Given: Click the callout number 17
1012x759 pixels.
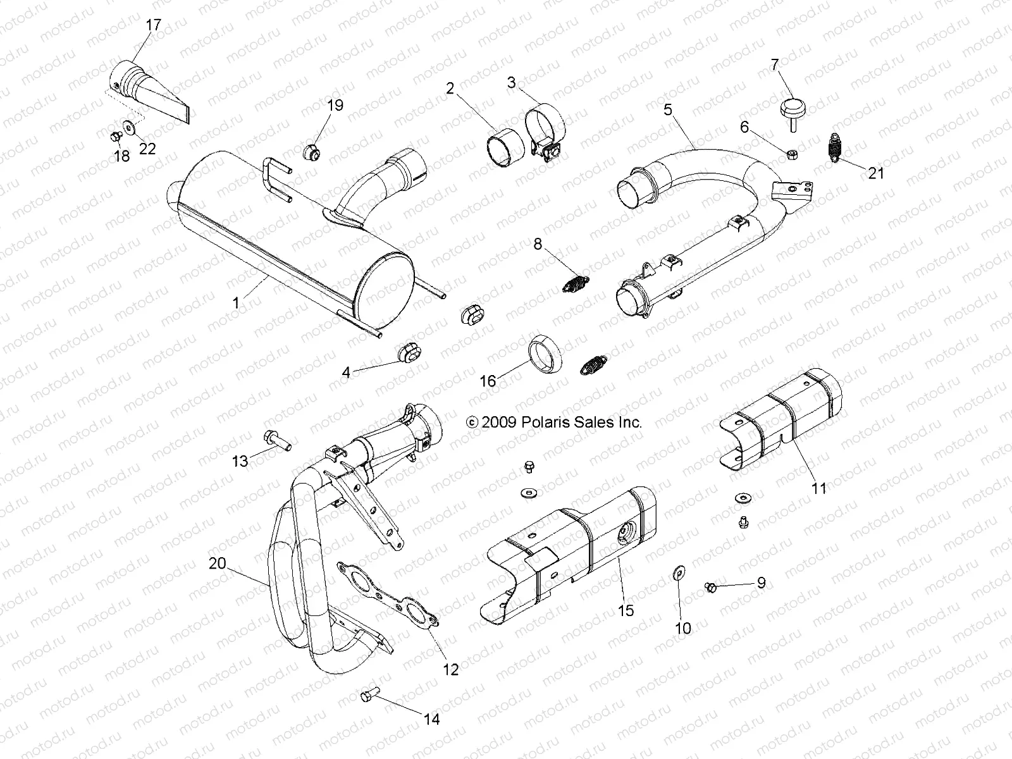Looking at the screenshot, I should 154,25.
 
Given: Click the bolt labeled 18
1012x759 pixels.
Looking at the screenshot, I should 116,135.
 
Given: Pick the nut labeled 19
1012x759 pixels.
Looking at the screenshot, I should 311,152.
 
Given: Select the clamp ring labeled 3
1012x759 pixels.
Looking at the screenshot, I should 544,123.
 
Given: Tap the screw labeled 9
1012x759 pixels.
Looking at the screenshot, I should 710,588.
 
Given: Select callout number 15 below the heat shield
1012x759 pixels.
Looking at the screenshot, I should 627,611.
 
